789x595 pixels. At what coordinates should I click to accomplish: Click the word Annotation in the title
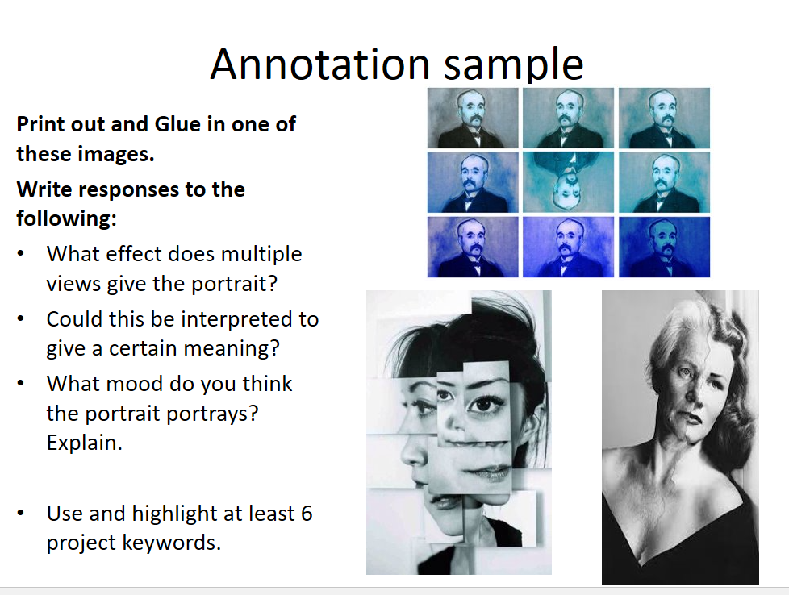319,64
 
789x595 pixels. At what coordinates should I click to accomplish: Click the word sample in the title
513,65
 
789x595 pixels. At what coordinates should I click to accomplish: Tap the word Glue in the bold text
177,123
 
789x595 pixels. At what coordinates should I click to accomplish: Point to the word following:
66,218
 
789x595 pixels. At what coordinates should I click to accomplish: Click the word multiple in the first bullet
261,255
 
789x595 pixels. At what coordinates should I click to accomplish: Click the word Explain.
84,443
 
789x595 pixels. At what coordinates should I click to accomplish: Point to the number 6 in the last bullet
307,514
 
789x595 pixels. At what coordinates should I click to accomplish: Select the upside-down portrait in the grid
568,182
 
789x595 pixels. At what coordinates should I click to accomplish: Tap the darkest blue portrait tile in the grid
664,247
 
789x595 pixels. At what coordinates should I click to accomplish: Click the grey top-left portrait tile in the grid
473,119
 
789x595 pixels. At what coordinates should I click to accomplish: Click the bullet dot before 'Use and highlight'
21,514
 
